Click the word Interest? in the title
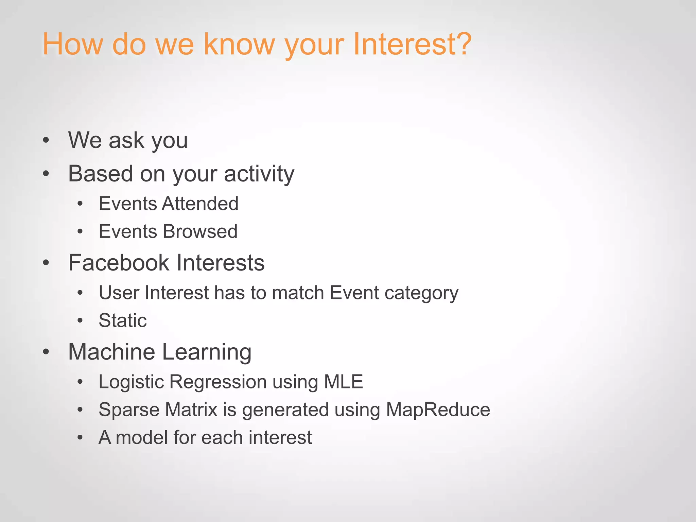(412, 44)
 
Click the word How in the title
(72, 44)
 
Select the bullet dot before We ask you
(46, 140)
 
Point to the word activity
(259, 174)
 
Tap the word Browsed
(200, 231)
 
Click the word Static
(123, 320)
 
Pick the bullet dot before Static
(80, 320)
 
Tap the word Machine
(112, 352)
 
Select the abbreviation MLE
(344, 382)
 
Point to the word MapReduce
(438, 410)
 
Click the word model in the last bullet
(141, 437)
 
